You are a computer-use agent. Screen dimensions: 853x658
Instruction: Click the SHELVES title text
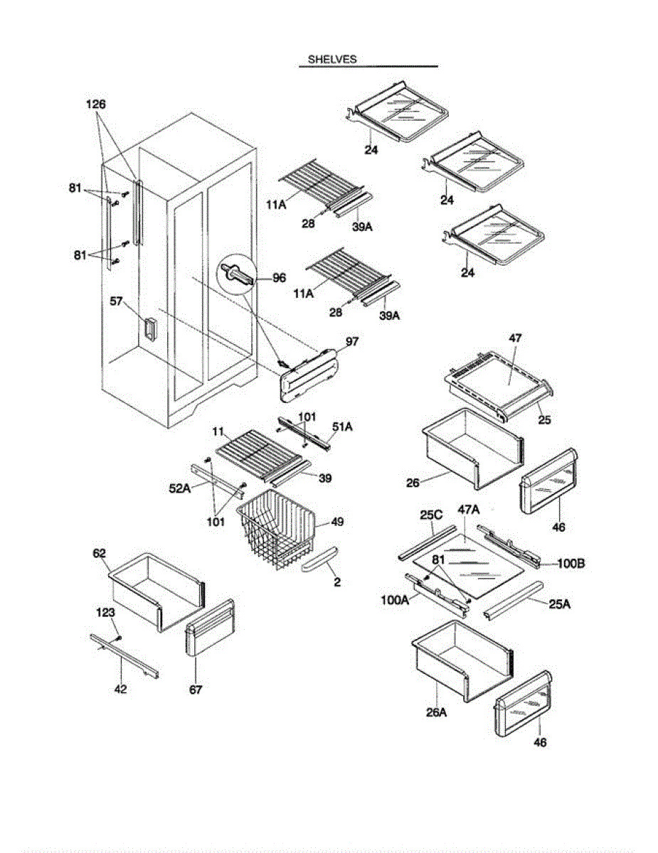coord(331,60)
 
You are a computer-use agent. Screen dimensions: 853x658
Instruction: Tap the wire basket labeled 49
coord(277,526)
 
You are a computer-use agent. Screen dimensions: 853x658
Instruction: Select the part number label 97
coord(352,342)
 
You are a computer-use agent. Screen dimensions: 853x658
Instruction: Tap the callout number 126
coord(96,104)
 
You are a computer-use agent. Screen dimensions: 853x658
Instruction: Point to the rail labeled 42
coord(124,655)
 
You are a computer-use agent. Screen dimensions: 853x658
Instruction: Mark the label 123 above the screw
coord(106,611)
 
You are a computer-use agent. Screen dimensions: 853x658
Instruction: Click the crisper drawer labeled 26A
coord(462,658)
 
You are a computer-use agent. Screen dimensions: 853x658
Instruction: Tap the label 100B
coord(571,564)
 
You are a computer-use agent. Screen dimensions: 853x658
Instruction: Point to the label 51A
coord(342,426)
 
